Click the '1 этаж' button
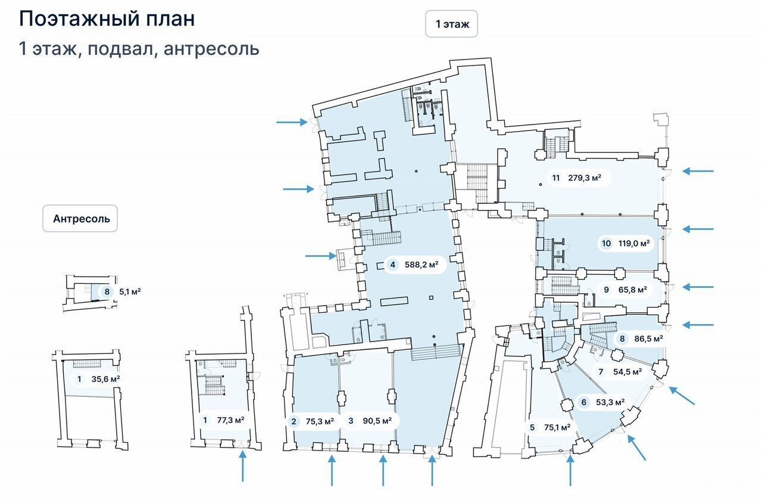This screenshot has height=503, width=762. point(451,24)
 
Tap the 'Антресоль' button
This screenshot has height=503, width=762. point(80,218)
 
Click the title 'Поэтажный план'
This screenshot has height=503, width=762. point(107,18)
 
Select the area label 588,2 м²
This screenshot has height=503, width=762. point(421,265)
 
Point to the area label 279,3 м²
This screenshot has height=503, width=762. point(585,178)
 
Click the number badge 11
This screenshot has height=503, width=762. point(555,178)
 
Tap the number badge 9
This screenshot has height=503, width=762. point(606,290)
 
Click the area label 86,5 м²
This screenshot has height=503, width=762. point(648,339)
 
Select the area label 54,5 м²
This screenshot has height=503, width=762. point(627,371)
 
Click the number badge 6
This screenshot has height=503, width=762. point(584,402)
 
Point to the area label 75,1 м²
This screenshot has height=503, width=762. point(557,427)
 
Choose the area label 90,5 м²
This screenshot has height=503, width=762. point(377,421)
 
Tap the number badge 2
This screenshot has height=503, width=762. point(293,421)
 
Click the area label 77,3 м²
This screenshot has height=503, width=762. point(230,420)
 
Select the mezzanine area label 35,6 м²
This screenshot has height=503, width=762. point(105,379)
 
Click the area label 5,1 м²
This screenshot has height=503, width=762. point(130,292)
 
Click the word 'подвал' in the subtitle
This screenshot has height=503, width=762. point(120,49)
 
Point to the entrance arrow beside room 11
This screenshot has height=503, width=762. point(698,171)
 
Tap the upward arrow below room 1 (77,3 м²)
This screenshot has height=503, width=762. point(242,466)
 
